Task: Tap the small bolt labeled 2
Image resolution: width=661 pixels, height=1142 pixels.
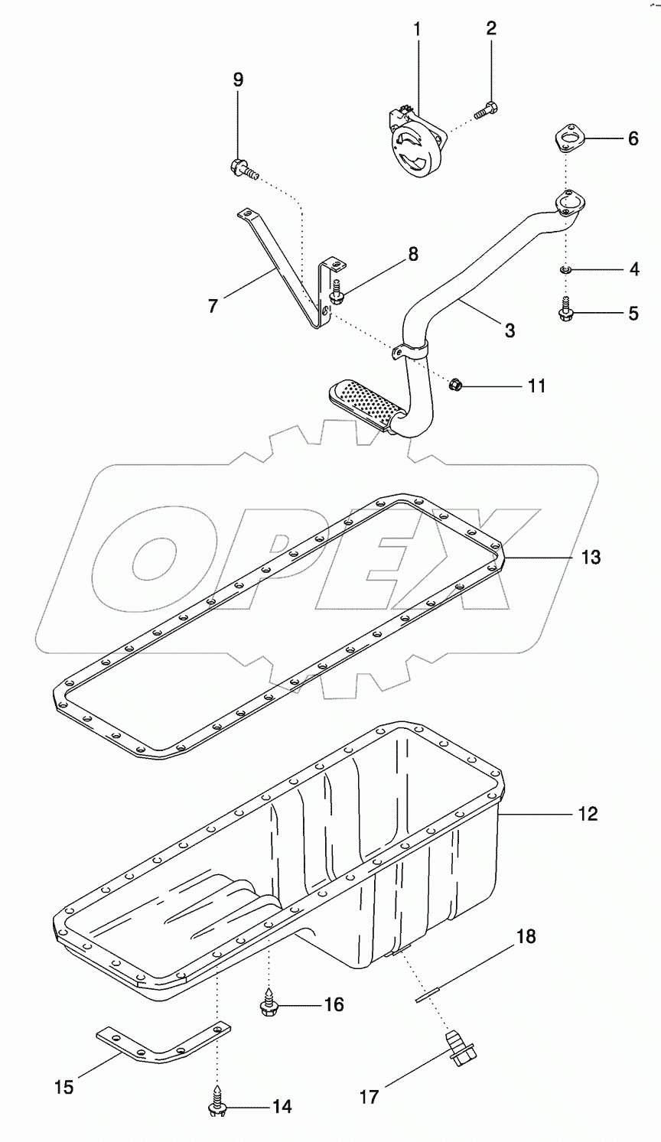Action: pos(485,110)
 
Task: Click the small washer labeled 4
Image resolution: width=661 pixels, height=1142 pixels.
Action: pos(565,269)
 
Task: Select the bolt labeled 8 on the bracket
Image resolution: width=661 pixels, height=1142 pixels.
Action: pos(337,291)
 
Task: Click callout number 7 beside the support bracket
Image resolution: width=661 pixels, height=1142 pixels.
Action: pos(213,306)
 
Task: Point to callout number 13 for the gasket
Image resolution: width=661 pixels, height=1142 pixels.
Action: pos(589,557)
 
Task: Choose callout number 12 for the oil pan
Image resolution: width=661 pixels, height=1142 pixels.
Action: pos(588,814)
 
